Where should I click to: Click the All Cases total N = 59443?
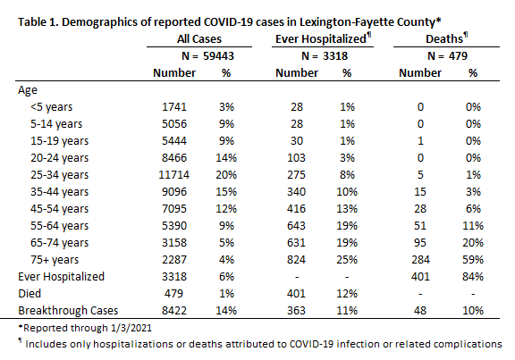click(207, 56)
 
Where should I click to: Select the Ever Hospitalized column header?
click(323, 38)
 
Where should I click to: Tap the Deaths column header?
click(447, 38)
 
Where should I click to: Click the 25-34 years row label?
click(59, 175)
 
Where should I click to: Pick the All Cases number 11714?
click(173, 175)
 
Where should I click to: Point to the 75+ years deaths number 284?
click(420, 260)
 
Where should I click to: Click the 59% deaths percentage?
click(473, 260)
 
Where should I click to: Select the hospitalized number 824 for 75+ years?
click(296, 260)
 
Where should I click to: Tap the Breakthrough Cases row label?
click(68, 311)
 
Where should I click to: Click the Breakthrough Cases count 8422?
click(174, 311)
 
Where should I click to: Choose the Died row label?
click(30, 293)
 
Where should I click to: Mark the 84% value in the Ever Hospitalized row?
click(473, 277)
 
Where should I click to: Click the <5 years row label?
click(51, 107)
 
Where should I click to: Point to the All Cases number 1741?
click(174, 107)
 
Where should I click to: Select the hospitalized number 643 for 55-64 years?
click(296, 226)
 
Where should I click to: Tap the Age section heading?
click(28, 90)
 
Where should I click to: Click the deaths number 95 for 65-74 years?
click(420, 243)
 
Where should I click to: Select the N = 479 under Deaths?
click(447, 56)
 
